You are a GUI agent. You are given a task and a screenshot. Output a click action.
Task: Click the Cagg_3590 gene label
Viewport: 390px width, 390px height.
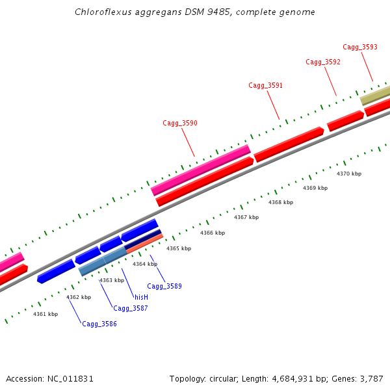tap(180, 123)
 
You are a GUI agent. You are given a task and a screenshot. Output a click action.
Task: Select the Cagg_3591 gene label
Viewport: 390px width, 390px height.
tap(266, 86)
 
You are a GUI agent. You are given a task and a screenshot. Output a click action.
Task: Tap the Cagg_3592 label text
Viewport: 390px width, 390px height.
tap(323, 62)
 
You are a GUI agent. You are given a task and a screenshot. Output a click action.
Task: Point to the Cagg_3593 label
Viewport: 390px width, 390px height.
tap(360, 47)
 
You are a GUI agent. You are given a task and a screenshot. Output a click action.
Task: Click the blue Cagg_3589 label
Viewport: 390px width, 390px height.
tap(164, 286)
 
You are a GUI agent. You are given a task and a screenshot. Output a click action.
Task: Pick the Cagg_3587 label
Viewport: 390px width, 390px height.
tap(131, 308)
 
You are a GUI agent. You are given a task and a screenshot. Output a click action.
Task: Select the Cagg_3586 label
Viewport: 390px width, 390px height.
tap(99, 324)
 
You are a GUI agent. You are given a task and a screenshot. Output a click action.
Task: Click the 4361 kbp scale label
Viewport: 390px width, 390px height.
tap(45, 314)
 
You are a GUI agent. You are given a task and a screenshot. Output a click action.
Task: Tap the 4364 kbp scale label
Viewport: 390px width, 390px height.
tap(145, 264)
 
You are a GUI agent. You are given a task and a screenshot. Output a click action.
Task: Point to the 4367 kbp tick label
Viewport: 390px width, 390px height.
tap(246, 217)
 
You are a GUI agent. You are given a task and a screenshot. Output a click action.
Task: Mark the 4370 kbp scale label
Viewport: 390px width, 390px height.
tap(349, 174)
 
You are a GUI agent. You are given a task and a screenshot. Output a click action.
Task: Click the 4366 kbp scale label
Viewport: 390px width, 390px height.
tap(213, 233)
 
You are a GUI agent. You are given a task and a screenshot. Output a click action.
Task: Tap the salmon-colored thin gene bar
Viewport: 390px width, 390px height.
tap(144, 243)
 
